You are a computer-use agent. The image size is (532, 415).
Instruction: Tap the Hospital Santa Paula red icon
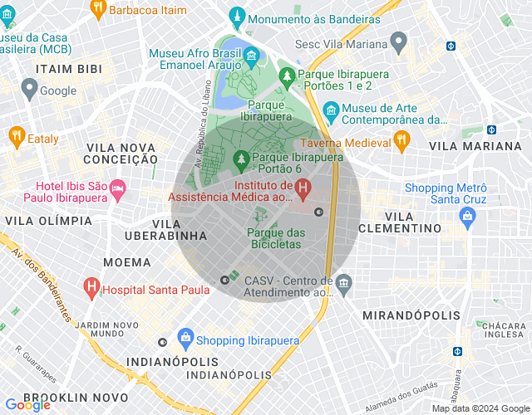(91, 289)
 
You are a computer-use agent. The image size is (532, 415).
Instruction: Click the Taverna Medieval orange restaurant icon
(401, 141)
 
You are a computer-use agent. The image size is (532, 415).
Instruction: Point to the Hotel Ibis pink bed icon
(117, 190)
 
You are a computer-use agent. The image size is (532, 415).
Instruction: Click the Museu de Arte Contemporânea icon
(331, 110)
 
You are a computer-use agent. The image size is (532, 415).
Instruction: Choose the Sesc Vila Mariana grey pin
(398, 40)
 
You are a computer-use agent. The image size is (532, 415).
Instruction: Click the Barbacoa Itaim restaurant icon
(97, 8)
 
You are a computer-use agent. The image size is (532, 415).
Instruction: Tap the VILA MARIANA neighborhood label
(488, 145)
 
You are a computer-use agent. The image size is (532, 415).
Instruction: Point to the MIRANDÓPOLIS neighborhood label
(411, 315)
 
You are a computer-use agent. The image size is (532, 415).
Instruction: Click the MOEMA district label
(103, 262)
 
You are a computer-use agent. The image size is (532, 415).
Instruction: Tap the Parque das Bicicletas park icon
(254, 216)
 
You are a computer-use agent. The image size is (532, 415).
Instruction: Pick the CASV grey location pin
(344, 285)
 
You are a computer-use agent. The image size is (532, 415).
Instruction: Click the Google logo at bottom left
(27, 405)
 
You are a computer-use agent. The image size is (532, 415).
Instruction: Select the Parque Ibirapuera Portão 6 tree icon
(242, 157)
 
